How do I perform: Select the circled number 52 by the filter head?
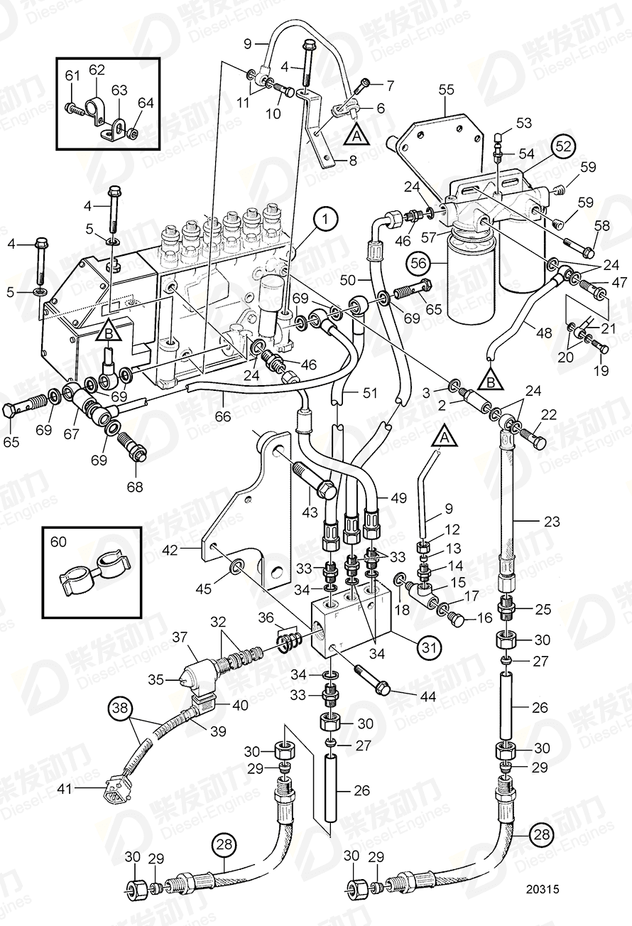pyautogui.click(x=562, y=146)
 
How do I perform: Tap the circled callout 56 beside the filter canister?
pyautogui.click(x=418, y=262)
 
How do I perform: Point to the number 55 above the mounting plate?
pyautogui.click(x=446, y=90)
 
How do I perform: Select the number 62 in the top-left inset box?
pyautogui.click(x=97, y=70)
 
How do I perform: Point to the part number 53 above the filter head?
pyautogui.click(x=523, y=124)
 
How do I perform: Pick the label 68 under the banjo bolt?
pyautogui.click(x=134, y=487)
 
